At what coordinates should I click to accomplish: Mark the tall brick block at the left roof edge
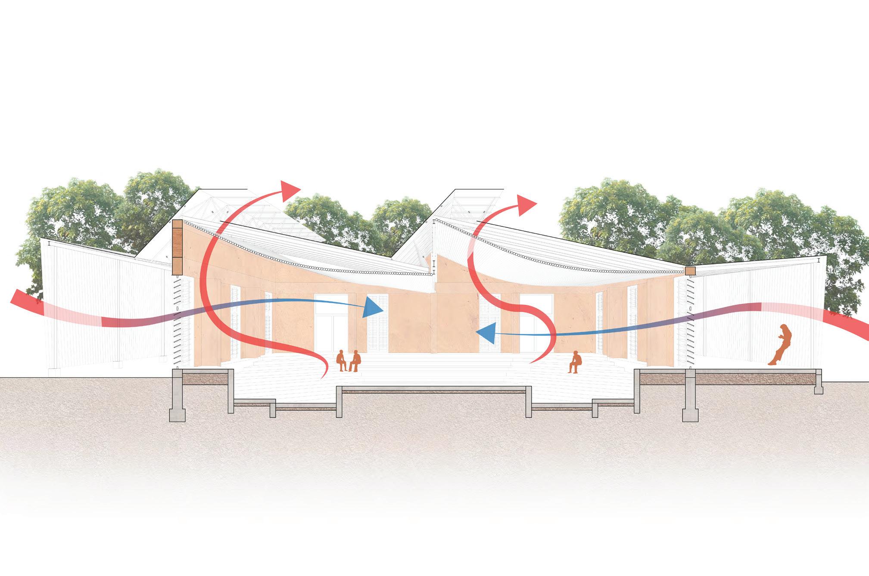178,247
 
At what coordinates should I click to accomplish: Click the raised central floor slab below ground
433,390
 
